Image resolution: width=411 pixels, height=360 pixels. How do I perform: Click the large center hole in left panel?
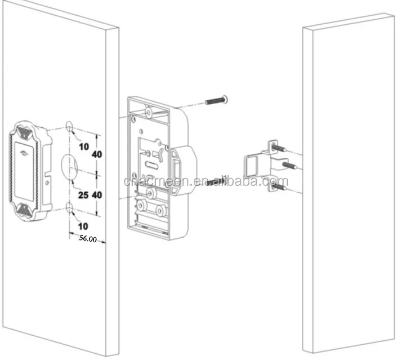tap(69, 167)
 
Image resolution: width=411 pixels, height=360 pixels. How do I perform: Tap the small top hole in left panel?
tap(69, 126)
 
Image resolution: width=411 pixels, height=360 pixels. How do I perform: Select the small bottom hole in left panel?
tap(70, 208)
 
